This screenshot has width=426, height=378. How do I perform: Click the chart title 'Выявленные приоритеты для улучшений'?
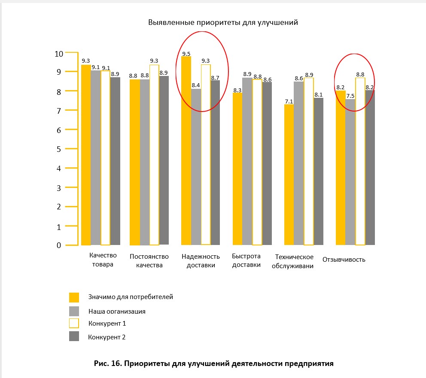(x=223, y=22)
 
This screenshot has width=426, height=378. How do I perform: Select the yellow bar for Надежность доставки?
(x=186, y=151)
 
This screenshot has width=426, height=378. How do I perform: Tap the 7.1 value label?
(x=289, y=102)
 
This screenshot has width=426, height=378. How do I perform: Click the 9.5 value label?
(x=186, y=54)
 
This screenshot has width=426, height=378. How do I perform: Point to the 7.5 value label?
(x=350, y=96)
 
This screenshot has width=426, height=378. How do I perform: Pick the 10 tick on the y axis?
(x=59, y=54)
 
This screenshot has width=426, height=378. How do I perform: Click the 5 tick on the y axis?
(x=59, y=149)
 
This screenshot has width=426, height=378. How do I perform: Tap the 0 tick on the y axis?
(x=59, y=245)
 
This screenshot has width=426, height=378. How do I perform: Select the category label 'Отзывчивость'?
(x=344, y=260)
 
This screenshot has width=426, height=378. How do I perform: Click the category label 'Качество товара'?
(x=103, y=260)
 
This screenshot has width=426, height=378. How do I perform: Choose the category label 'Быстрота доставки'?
(x=246, y=260)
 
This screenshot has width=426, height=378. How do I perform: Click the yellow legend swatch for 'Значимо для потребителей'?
(x=74, y=297)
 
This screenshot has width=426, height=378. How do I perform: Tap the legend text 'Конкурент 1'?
(x=107, y=324)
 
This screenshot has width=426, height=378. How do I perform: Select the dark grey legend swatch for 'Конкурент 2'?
(x=74, y=336)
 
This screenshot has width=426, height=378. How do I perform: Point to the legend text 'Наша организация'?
(x=117, y=311)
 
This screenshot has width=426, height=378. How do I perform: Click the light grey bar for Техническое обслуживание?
(x=299, y=163)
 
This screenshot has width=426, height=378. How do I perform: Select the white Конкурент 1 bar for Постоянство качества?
(x=154, y=155)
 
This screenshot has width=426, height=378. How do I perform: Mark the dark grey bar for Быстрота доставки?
(x=267, y=163)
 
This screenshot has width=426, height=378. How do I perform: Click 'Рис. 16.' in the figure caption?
(x=108, y=363)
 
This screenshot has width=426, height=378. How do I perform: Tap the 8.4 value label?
(x=196, y=85)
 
